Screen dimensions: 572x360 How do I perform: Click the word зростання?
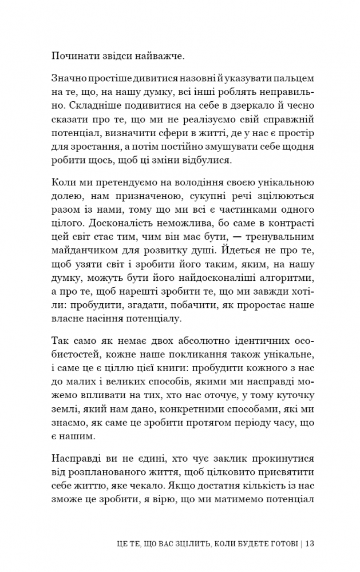86,146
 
